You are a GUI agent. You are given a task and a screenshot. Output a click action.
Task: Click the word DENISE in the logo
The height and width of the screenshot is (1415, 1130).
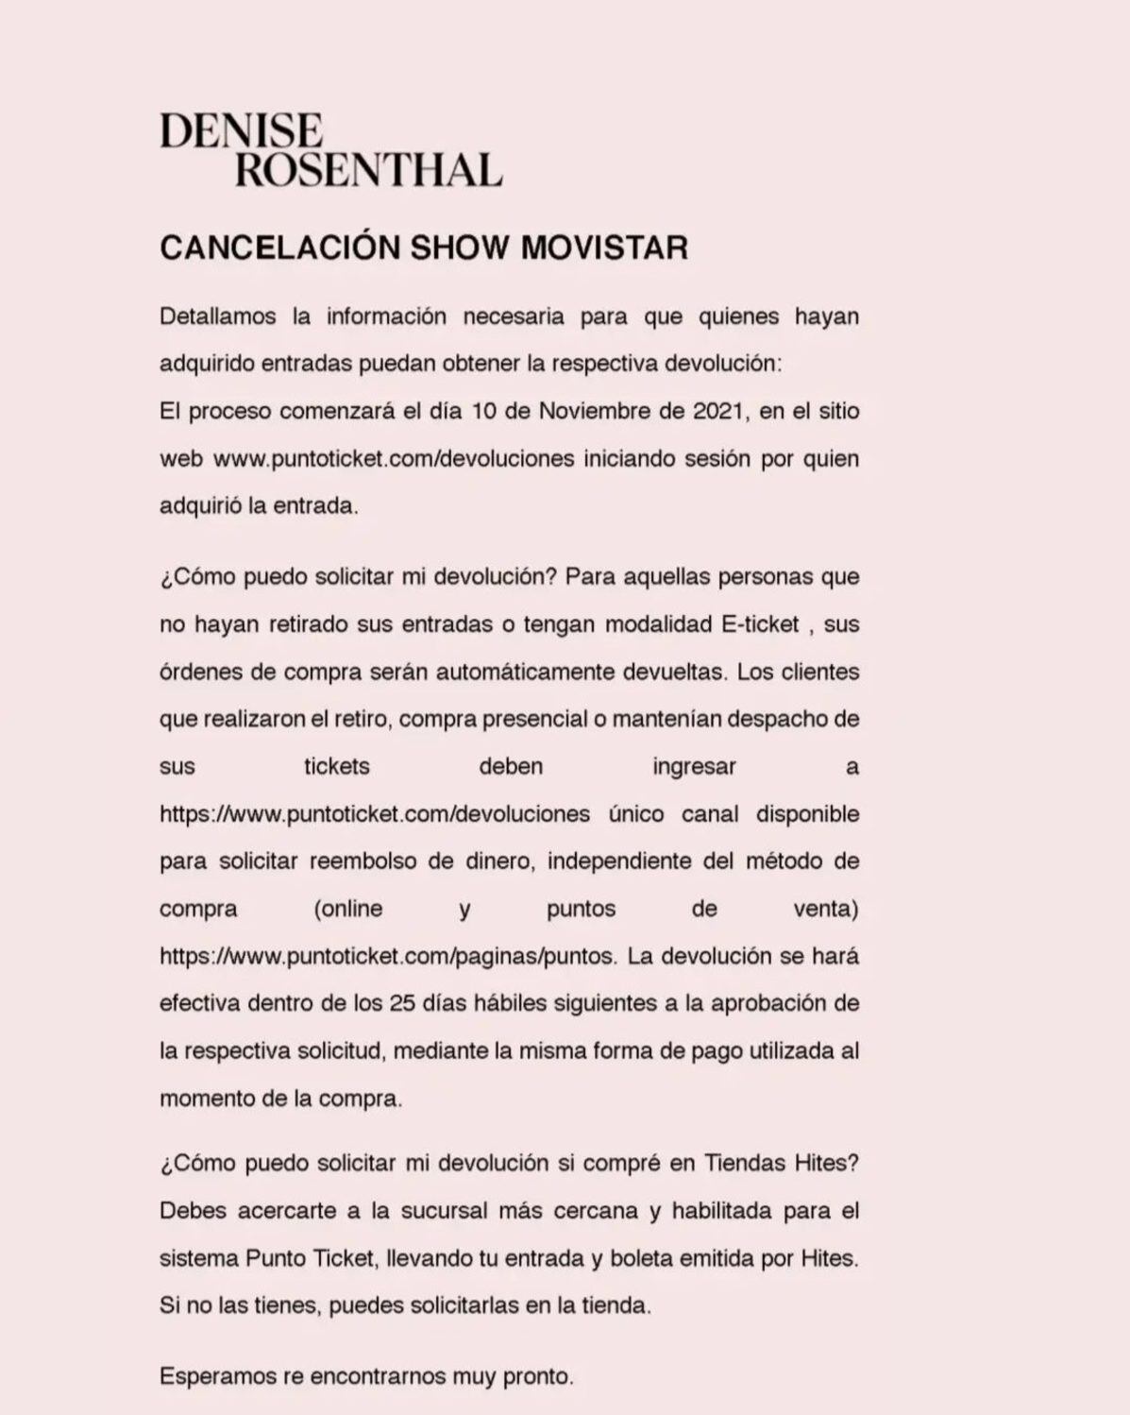(x=242, y=131)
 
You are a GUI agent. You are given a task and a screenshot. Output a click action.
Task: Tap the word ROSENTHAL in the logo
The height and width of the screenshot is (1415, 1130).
(x=368, y=171)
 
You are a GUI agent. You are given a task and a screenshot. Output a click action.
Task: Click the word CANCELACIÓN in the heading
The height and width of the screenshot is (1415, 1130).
(x=280, y=247)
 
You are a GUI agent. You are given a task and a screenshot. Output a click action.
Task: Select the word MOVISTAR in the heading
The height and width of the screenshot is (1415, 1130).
(x=604, y=247)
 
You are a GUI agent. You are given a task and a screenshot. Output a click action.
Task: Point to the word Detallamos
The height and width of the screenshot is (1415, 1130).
(x=217, y=316)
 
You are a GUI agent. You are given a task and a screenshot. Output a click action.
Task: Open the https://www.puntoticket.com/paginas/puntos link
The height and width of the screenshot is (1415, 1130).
(x=387, y=956)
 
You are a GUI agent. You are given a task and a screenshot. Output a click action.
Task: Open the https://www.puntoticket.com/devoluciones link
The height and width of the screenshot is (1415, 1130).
(x=375, y=814)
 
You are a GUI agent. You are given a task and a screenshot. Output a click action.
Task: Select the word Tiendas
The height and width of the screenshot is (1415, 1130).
(x=743, y=1163)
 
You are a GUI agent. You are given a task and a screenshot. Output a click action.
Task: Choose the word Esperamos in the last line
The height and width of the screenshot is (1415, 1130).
(x=217, y=1376)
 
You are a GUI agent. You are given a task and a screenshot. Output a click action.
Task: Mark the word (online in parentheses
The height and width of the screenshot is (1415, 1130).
(x=348, y=909)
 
